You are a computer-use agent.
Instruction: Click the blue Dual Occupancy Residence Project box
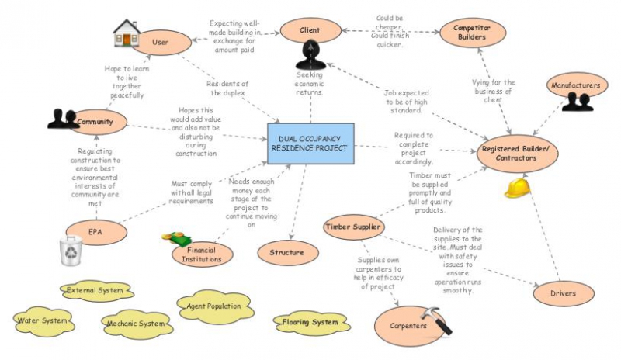pos(310,143)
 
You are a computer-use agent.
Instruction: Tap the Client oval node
pos(310,31)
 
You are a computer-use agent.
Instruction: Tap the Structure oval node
pos(287,253)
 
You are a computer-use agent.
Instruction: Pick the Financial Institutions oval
pos(203,254)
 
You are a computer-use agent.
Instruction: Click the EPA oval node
pos(95,230)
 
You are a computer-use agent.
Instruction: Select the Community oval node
pos(99,122)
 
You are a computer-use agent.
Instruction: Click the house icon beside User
pos(126,34)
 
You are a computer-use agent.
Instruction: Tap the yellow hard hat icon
pos(516,187)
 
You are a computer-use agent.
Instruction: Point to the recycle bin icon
pos(71,251)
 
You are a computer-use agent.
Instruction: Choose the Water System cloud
pos(43,319)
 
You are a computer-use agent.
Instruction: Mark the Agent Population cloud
pos(213,306)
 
